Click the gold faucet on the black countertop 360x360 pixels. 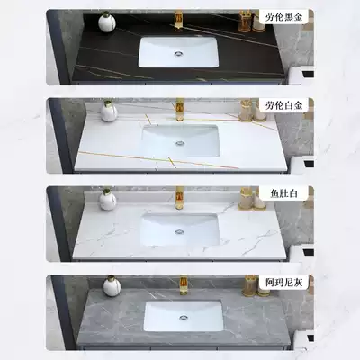click(x=179, y=20)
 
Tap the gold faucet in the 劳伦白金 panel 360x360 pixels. click(x=179, y=110)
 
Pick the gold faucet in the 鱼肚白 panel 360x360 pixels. click(x=179, y=196)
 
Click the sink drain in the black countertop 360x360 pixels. click(x=179, y=52)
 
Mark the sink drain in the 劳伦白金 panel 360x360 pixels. click(x=180, y=140)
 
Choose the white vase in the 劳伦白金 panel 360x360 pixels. click(x=109, y=112)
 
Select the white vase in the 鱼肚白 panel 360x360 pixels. click(x=108, y=200)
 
